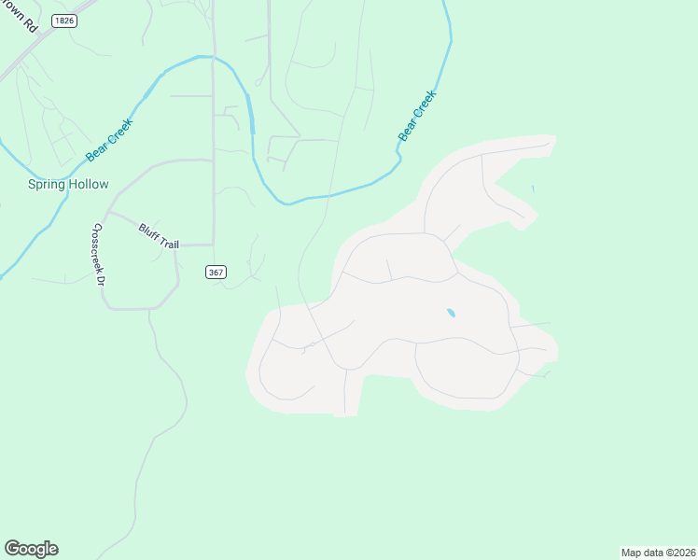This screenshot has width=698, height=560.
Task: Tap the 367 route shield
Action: click(216, 272)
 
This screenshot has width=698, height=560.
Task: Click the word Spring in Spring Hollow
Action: click(46, 185)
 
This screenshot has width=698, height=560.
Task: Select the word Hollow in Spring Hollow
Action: click(88, 185)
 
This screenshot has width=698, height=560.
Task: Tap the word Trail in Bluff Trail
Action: click(168, 242)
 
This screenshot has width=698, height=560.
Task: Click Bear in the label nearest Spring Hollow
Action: click(97, 147)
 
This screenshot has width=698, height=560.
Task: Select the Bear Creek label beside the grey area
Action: click(417, 116)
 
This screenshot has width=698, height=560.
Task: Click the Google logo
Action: click(31, 549)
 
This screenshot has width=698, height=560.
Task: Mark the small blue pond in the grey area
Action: click(451, 313)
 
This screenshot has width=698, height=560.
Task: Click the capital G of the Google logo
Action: click(12, 548)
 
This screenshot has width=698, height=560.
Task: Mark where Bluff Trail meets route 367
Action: click(214, 245)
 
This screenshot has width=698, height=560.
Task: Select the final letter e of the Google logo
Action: click(53, 550)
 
